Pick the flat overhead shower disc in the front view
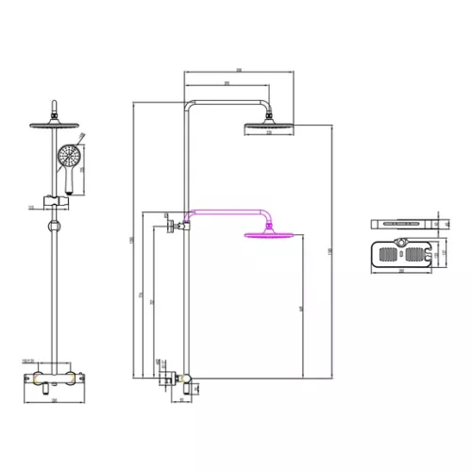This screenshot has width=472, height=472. pos(55,125)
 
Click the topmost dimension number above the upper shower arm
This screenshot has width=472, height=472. pos(241,69)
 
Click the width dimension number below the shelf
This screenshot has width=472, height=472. pos(405,273)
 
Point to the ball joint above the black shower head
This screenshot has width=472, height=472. pos(272,117)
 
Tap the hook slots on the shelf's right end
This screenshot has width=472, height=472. pos(437,252)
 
